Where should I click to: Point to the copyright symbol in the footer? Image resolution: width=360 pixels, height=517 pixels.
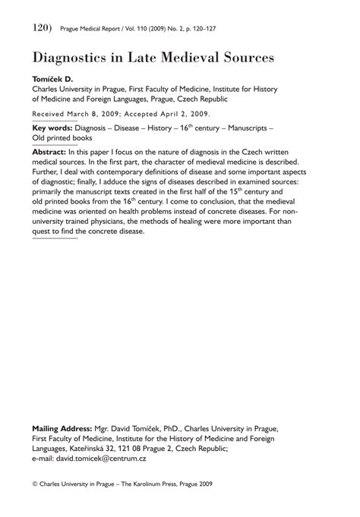click(36, 483)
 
